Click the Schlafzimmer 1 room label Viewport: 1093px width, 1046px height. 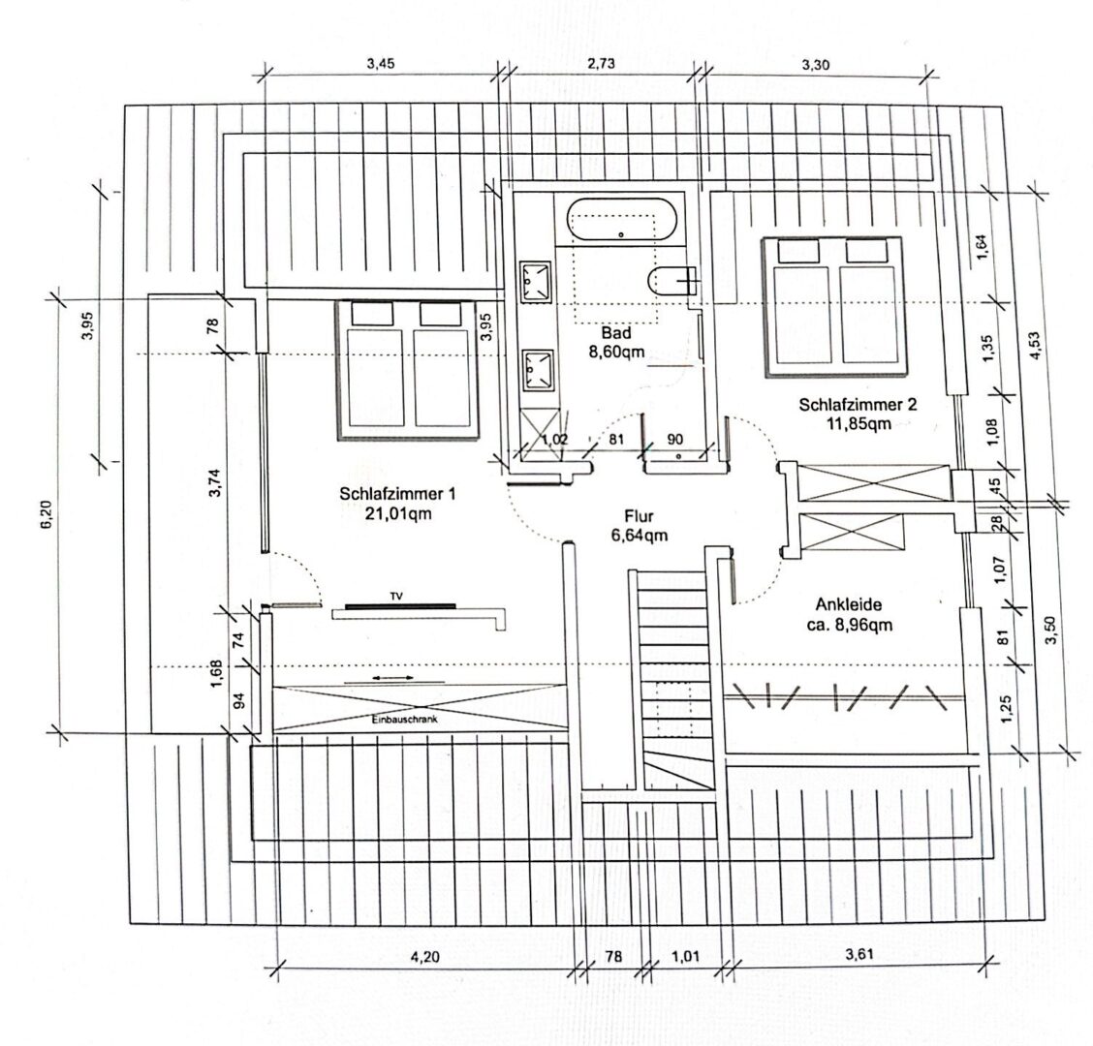[x=397, y=504]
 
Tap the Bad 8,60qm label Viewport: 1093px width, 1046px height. [x=616, y=342]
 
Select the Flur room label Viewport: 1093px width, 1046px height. [x=640, y=526]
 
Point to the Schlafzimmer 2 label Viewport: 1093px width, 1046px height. [x=859, y=414]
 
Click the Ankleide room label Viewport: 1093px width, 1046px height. [x=849, y=615]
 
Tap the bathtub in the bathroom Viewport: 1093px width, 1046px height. [x=621, y=220]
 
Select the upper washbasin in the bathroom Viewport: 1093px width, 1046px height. [x=535, y=282]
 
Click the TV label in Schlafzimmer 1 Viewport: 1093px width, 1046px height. [x=396, y=597]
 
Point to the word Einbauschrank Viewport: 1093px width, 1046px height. [x=404, y=720]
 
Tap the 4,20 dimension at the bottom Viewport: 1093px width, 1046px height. [x=424, y=956]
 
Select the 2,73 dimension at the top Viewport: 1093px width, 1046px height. [x=601, y=63]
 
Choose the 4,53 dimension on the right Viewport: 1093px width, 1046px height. [x=1035, y=346]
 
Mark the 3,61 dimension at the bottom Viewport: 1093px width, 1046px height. [x=859, y=954]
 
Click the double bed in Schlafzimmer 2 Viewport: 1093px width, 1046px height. [x=834, y=307]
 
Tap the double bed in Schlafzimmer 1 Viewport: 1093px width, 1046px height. [x=408, y=370]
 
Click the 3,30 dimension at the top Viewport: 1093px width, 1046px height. [x=816, y=65]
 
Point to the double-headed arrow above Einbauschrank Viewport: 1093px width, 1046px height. [x=393, y=677]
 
